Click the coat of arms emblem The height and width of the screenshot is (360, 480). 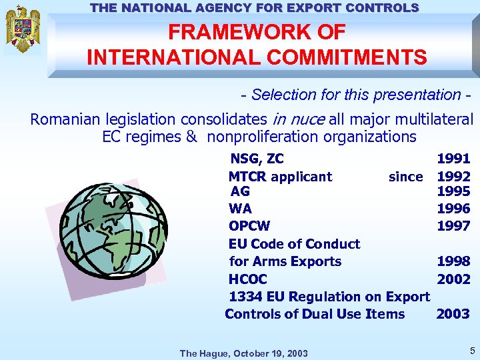pyautogui.click(x=23, y=29)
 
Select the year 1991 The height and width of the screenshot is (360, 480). pyautogui.click(x=453, y=159)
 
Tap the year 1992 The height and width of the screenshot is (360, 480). pyautogui.click(x=453, y=177)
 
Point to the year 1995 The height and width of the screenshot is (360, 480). pyautogui.click(x=453, y=192)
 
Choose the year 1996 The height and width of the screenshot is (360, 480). pyautogui.click(x=453, y=209)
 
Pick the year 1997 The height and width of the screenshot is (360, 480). pyautogui.click(x=453, y=226)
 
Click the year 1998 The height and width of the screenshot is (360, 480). pyautogui.click(x=453, y=261)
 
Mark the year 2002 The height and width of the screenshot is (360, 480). pyautogui.click(x=453, y=279)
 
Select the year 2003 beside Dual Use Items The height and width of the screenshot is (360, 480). pyautogui.click(x=453, y=314)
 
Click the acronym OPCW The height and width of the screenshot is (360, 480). pyautogui.click(x=249, y=226)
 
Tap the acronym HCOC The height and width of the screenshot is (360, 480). pyautogui.click(x=247, y=279)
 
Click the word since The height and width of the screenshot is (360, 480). pyautogui.click(x=405, y=177)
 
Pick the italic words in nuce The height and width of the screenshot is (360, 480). pyautogui.click(x=299, y=120)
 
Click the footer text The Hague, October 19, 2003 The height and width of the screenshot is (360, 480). pyautogui.click(x=244, y=353)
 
